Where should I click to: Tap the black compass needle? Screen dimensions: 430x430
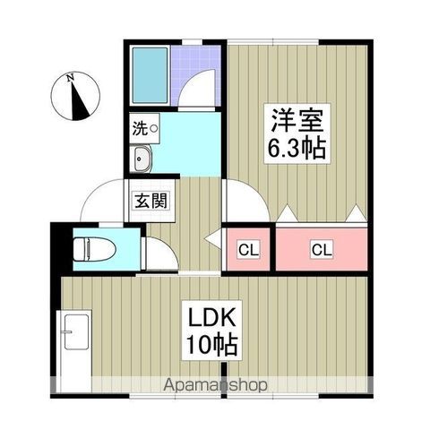pyautogui.click(x=82, y=103)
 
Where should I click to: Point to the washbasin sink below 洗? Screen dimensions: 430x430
pyautogui.click(x=143, y=160)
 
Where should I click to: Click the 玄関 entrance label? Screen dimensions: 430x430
pyautogui.click(x=150, y=200)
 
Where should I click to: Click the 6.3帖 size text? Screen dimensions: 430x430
pyautogui.click(x=295, y=148)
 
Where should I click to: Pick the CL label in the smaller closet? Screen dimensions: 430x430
pyautogui.click(x=247, y=250)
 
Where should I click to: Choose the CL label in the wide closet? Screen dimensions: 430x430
pyautogui.click(x=321, y=249)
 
